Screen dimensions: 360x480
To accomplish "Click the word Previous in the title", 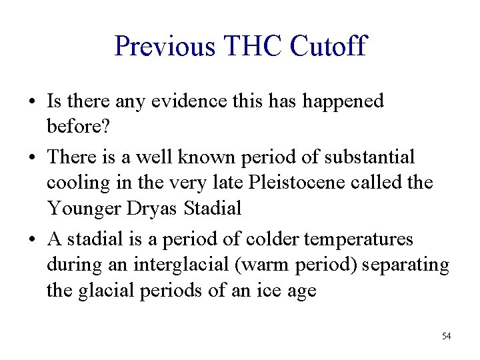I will pyautogui.click(x=165, y=47).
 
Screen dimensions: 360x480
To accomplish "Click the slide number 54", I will pyautogui.click(x=446, y=336).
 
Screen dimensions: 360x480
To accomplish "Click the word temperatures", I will pyautogui.click(x=362, y=239).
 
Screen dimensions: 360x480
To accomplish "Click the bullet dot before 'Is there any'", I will pyautogui.click(x=31, y=102).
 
